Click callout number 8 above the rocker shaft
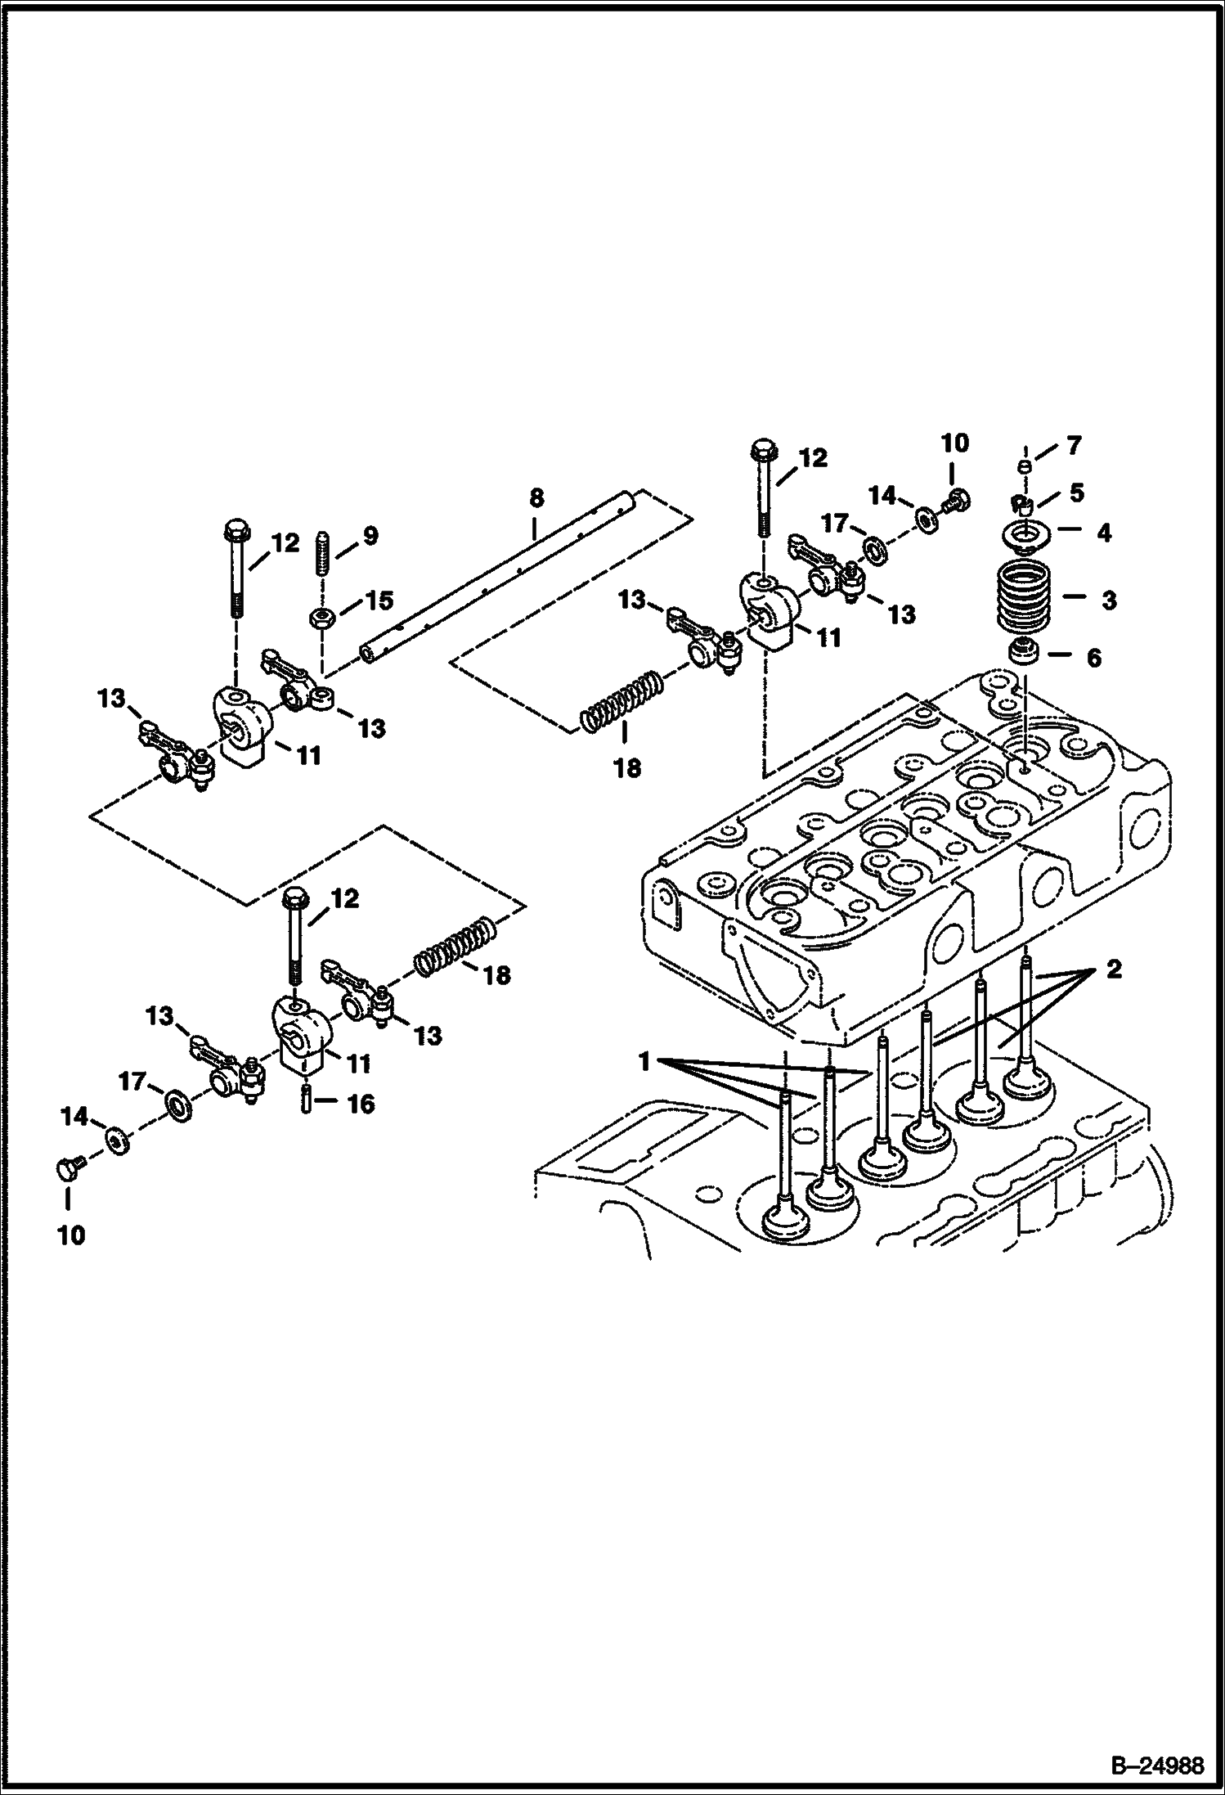pyautogui.click(x=536, y=497)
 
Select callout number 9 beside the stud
pyautogui.click(x=370, y=536)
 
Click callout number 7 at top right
pyautogui.click(x=1074, y=446)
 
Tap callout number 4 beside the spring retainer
pyautogui.click(x=1103, y=533)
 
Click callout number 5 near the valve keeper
pyautogui.click(x=1076, y=493)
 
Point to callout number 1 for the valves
pyautogui.click(x=644, y=1063)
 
